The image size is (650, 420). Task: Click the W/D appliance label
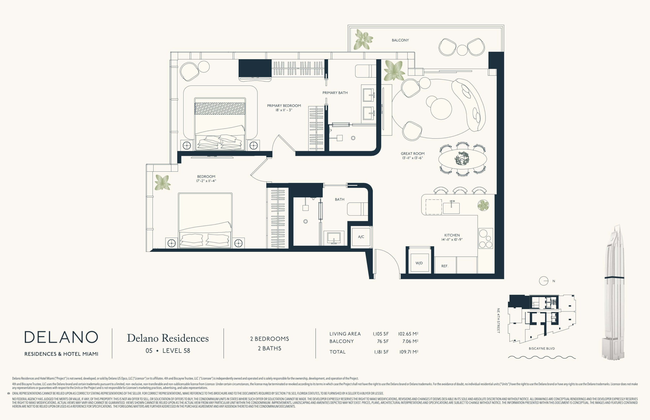click(x=419, y=263)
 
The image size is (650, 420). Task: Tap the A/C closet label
click(x=361, y=237)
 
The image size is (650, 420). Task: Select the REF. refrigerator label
click(x=445, y=266)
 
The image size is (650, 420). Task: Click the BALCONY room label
click(x=400, y=40)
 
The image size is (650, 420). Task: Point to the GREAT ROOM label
click(x=413, y=153)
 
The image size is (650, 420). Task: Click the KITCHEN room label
click(x=452, y=235)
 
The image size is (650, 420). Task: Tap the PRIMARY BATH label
click(x=335, y=93)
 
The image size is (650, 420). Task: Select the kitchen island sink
click(x=451, y=207)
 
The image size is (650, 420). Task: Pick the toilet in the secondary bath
click(x=357, y=209)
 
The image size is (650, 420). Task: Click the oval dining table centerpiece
click(x=462, y=159)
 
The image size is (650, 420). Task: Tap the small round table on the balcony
click(x=462, y=50)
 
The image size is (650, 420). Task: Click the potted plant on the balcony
click(x=363, y=40)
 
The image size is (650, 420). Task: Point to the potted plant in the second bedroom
click(x=163, y=182)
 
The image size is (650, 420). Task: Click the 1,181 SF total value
click(x=381, y=352)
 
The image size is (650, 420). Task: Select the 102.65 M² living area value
click(x=408, y=334)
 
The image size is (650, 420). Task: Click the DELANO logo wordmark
click(x=61, y=337)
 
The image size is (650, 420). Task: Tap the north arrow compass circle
click(x=544, y=281)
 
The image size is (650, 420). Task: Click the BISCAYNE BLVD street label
click(x=542, y=348)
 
